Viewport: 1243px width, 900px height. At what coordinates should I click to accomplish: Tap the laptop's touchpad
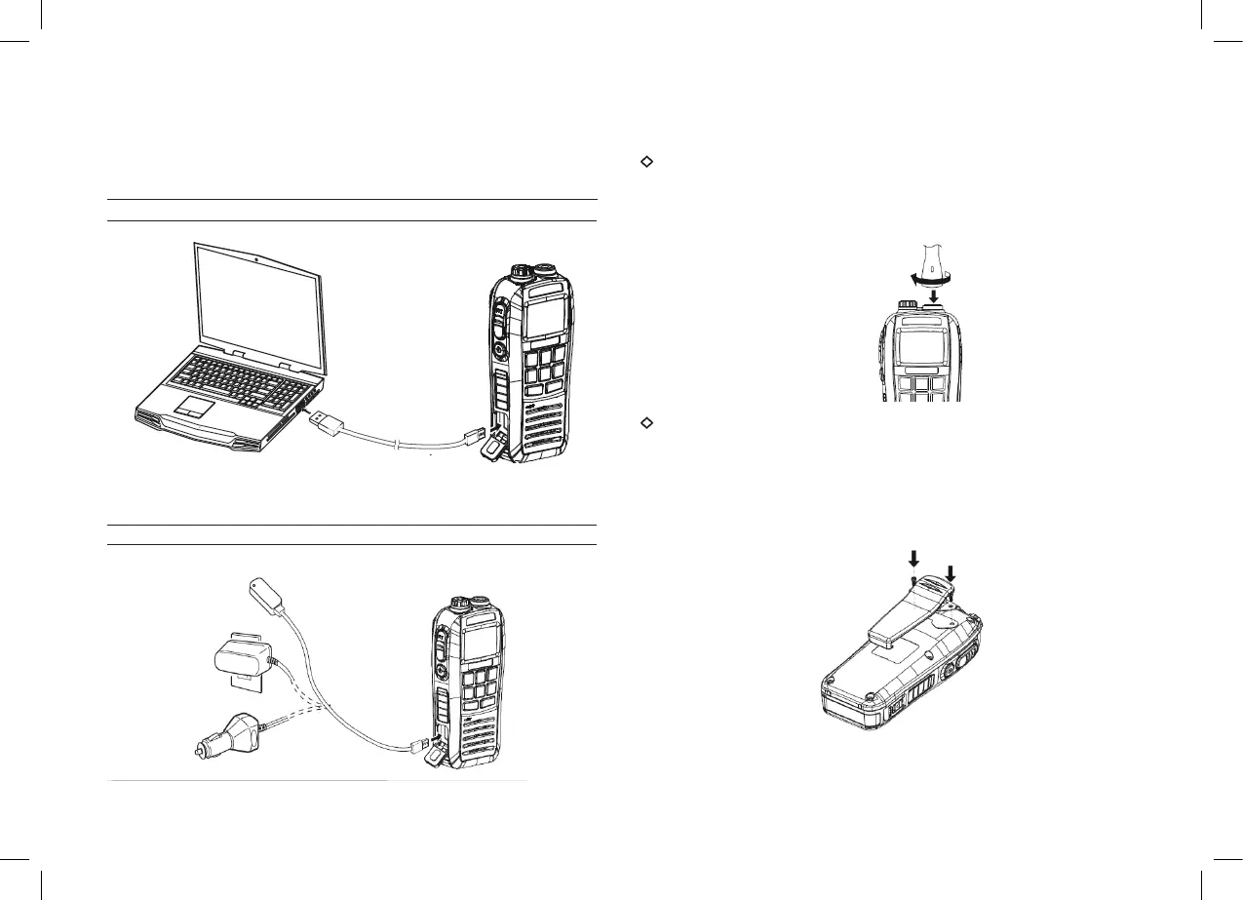coord(194,406)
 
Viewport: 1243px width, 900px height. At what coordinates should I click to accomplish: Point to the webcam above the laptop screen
coord(254,258)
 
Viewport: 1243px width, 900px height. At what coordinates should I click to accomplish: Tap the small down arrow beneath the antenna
coord(934,293)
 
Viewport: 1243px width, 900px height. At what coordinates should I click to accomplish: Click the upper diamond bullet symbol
coord(644,162)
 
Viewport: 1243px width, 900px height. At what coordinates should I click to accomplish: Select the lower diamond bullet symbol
coord(644,422)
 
